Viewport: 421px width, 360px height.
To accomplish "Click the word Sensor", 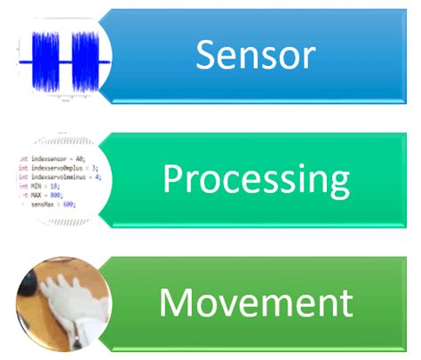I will click(x=256, y=56).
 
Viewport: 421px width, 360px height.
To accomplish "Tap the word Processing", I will click(x=256, y=180).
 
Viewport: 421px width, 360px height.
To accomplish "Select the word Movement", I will click(x=256, y=303).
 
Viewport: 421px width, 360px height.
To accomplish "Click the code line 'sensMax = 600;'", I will click(x=50, y=204).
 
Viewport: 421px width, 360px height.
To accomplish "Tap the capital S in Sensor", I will click(x=207, y=56).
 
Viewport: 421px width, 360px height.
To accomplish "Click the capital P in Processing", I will click(x=171, y=180).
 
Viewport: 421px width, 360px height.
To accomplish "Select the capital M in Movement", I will click(x=176, y=303).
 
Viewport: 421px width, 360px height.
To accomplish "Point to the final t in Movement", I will click(x=346, y=304).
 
